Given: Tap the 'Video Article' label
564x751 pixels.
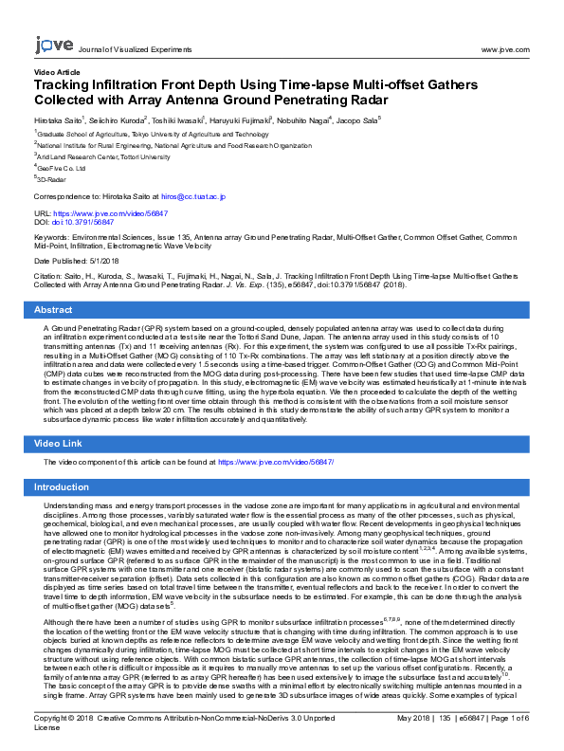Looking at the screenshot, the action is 57,71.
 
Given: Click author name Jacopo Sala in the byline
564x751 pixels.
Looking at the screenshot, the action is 356,120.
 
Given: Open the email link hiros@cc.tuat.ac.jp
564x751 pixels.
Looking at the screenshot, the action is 193,196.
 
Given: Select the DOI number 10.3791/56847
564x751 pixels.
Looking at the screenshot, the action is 82,223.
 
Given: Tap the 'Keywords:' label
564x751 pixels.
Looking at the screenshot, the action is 52,240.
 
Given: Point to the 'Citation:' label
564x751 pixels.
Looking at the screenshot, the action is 49,277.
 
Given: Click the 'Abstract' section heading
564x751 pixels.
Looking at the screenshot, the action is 54,310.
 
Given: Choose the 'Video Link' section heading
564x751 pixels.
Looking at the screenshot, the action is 61,443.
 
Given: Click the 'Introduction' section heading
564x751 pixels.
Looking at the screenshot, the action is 62,487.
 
